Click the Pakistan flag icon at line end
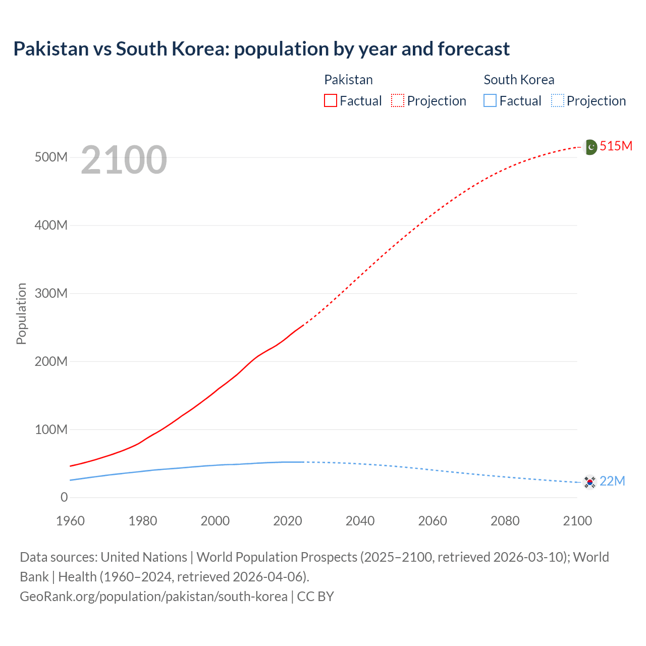pos(590,147)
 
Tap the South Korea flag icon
pos(589,482)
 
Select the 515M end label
pos(616,146)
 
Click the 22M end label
pos(612,481)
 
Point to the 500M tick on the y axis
pos(51,157)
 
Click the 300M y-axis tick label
pos(51,294)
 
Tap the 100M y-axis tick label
pos(51,430)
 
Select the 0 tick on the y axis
pos(64,498)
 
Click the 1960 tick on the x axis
pos(71,521)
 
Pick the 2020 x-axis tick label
pos(288,521)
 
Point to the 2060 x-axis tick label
pos(433,521)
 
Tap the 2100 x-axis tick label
pos(577,521)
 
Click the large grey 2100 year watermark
pos(124,160)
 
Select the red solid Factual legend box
pos(331,101)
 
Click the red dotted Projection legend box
pos(398,101)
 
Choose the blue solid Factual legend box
pos(490,101)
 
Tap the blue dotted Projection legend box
pos(557,101)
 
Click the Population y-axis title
pos(21,314)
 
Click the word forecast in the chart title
pos(474,49)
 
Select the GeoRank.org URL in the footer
pos(153,597)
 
